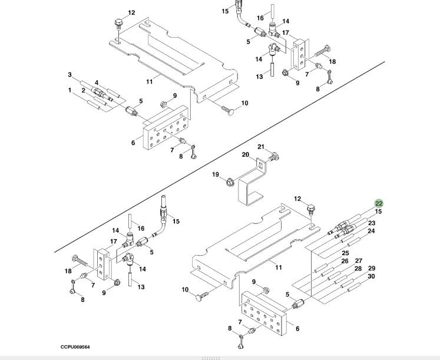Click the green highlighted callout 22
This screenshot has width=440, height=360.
(x=379, y=204)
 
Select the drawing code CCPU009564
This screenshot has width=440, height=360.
(x=75, y=347)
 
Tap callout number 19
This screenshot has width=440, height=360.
(x=216, y=174)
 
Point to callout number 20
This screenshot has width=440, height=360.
(x=247, y=155)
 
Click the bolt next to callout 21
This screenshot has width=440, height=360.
(x=273, y=157)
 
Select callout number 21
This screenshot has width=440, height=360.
(x=261, y=147)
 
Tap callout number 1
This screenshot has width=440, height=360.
(x=70, y=90)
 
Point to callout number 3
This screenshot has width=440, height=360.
(x=70, y=75)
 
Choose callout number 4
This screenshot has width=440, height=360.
(x=97, y=82)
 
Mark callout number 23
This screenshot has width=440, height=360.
(x=372, y=223)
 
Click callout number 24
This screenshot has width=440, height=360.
(x=371, y=231)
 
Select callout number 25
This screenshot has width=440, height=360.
(x=345, y=253)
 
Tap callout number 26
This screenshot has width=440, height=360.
(x=345, y=261)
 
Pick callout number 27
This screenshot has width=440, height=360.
(x=358, y=261)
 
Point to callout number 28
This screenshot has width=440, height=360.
(x=358, y=269)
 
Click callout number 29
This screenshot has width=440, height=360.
(x=371, y=269)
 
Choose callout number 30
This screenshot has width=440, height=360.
(x=371, y=276)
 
